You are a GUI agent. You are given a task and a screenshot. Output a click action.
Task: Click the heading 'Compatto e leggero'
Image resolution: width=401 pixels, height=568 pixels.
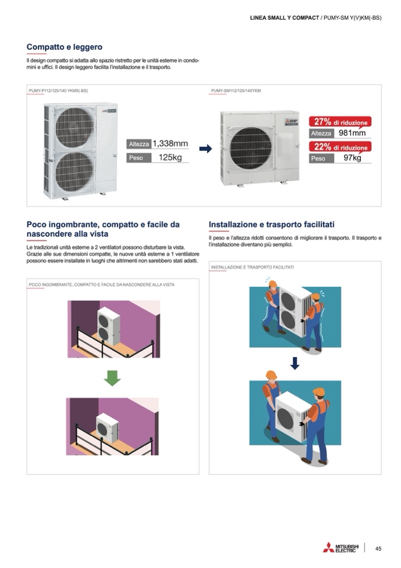pyautogui.click(x=64, y=47)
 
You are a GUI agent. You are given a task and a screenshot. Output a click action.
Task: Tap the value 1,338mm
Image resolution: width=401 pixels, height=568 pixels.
pyautogui.click(x=170, y=143)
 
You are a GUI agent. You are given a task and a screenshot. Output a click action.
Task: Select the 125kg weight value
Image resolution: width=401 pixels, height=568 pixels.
pyautogui.click(x=170, y=157)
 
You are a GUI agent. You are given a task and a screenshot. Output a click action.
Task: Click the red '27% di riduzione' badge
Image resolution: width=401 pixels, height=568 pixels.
pyautogui.click(x=340, y=122)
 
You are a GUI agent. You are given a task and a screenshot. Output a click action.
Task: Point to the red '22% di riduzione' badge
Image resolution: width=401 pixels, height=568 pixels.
pyautogui.click(x=340, y=147)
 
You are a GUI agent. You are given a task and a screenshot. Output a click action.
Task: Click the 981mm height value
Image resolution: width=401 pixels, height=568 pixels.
pyautogui.click(x=352, y=133)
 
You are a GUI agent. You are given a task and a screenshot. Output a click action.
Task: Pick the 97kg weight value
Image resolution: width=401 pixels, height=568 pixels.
pyautogui.click(x=352, y=158)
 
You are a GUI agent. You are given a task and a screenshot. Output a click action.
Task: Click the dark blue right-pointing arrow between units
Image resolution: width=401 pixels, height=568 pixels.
pyautogui.click(x=205, y=149)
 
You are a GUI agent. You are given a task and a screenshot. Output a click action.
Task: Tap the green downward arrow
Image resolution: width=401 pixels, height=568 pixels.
pyautogui.click(x=112, y=378)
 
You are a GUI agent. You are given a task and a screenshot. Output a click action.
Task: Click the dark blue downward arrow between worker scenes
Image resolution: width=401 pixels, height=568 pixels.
pyautogui.click(x=295, y=363)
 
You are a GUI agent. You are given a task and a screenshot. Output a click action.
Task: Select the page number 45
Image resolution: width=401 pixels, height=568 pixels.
pyautogui.click(x=378, y=548)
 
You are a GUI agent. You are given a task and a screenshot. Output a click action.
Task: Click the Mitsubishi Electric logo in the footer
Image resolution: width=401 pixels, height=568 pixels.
pyautogui.click(x=341, y=548)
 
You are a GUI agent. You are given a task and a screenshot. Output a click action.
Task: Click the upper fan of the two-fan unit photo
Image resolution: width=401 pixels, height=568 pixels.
pyautogui.click(x=75, y=127)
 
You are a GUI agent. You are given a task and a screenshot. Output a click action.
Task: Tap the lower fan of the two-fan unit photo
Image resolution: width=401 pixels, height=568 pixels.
pyautogui.click(x=75, y=171)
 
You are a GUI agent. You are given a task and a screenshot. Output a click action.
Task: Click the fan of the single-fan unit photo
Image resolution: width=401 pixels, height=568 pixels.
pyautogui.click(x=251, y=149)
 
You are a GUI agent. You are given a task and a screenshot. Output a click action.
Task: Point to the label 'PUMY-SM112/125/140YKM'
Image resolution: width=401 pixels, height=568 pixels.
pyautogui.click(x=236, y=91)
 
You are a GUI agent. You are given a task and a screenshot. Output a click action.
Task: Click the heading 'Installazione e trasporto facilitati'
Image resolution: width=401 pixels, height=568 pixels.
pyautogui.click(x=271, y=224)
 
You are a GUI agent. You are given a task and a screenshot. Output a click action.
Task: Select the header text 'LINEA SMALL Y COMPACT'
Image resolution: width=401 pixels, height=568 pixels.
pyautogui.click(x=284, y=18)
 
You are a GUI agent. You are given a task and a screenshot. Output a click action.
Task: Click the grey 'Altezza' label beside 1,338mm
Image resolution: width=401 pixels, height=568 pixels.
pyautogui.click(x=139, y=144)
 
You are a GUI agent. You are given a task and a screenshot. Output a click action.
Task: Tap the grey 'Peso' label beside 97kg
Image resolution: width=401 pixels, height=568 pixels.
pyautogui.click(x=322, y=158)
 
